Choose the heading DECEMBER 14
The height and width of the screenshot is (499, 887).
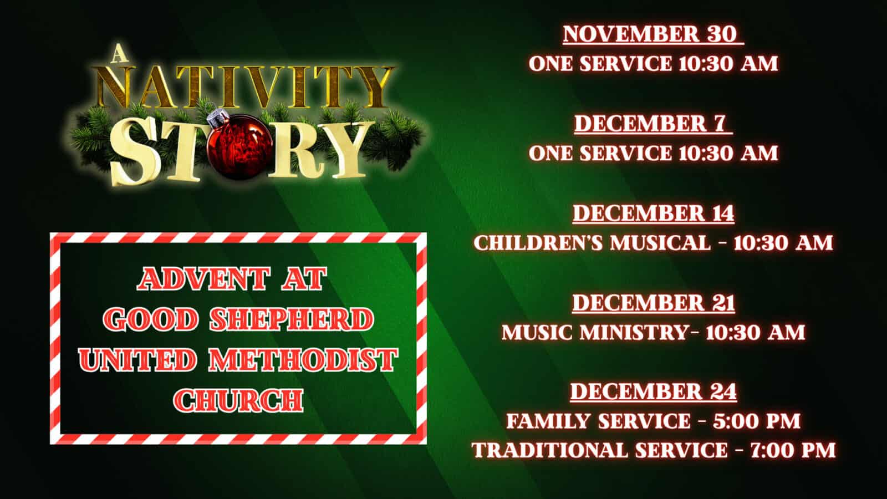654,213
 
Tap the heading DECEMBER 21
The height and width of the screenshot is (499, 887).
654,303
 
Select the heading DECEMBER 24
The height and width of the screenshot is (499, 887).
654,392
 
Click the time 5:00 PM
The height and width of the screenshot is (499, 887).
757,421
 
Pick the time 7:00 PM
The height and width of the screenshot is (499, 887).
793,450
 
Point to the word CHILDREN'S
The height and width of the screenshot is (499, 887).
538,243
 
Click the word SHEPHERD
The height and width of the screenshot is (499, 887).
292,319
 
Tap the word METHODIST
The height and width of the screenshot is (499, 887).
303,360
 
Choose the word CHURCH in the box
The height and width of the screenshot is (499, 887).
238,400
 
